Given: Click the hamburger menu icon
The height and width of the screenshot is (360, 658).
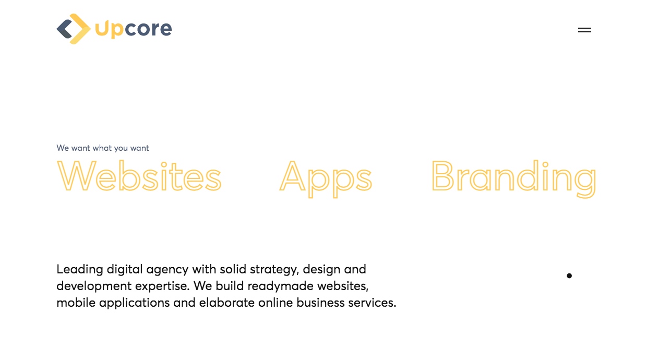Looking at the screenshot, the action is coord(584,30).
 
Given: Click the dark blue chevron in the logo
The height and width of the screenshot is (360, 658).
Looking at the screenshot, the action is coord(64,29).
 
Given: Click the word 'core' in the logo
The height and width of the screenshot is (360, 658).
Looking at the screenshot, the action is coord(148,29).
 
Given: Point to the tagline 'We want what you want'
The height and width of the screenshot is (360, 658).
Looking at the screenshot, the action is coord(102,148).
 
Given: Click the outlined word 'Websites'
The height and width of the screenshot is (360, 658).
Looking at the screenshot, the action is coord(139,176).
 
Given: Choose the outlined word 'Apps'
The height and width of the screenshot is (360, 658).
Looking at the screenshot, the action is coord(326,178).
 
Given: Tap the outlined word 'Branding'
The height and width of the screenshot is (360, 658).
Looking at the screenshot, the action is coord(513,178).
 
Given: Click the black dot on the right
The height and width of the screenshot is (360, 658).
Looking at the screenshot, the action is coord(569,275).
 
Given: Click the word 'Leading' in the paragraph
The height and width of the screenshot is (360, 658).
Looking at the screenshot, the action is coord(80,270).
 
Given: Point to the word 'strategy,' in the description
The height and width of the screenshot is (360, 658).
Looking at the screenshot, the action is coord(274,270).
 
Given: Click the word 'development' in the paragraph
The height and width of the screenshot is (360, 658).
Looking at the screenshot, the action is coord(94,286).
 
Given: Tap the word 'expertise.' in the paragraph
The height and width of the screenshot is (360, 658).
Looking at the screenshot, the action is coord(162,286).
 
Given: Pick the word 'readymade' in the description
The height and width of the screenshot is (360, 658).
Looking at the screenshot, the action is coord(280,286).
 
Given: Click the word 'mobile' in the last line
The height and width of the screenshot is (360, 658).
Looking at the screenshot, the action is coord(76,303).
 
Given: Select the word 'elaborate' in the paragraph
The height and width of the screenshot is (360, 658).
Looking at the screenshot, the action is coord(227,303).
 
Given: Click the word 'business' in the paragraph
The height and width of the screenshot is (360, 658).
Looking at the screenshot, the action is coord(320,303).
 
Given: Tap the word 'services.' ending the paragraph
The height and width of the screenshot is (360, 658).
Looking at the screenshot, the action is coord(372,303).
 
